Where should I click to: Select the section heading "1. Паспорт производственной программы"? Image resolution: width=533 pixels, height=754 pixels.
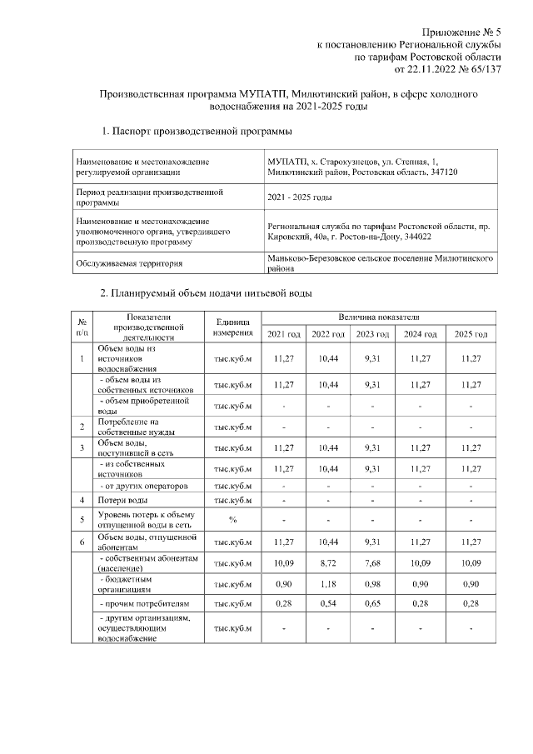click(196, 132)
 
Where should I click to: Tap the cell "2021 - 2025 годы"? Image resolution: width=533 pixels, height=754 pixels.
click(299, 197)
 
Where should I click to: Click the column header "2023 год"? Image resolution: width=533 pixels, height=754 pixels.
click(372, 334)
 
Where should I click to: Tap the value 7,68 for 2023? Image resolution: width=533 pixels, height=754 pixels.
click(372, 563)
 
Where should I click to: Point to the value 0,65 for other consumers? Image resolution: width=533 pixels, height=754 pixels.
click(372, 603)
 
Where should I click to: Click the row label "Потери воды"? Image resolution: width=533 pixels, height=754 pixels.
click(123, 500)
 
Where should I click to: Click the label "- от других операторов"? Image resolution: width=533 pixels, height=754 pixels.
click(142, 485)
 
